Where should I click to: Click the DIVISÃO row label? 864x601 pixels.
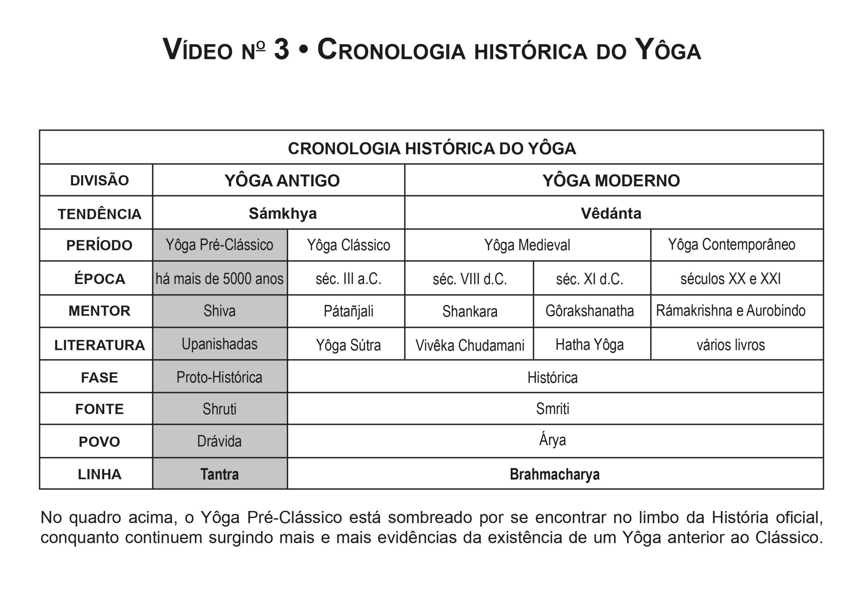click(x=99, y=181)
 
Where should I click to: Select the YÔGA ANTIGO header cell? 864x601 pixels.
click(x=282, y=181)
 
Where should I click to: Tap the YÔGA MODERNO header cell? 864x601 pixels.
click(x=611, y=181)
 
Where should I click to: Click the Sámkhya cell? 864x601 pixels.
click(x=282, y=213)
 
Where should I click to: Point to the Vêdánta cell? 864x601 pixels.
click(x=611, y=213)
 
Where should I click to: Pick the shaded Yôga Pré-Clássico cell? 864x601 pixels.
click(x=219, y=245)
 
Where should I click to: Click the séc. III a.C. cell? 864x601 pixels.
click(x=348, y=279)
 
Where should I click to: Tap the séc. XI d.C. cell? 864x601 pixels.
click(x=589, y=279)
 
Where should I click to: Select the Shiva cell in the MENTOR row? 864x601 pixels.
click(x=219, y=311)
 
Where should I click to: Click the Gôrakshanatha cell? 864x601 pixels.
click(x=589, y=311)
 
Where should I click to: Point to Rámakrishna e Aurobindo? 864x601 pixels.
click(x=730, y=311)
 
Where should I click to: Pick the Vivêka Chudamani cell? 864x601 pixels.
click(x=469, y=345)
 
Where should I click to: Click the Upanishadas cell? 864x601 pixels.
click(x=219, y=344)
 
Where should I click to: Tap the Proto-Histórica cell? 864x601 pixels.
click(x=219, y=377)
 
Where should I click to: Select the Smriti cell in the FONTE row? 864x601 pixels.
click(x=552, y=409)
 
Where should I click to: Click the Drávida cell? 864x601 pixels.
click(x=219, y=441)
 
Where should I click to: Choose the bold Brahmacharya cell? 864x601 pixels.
click(x=554, y=474)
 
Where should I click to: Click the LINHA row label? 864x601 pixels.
click(x=99, y=474)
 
